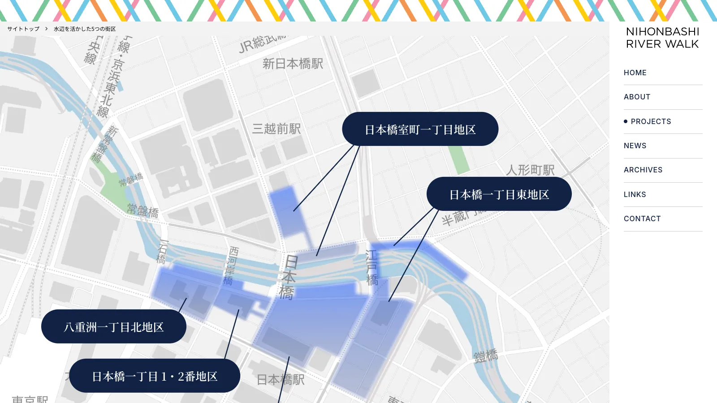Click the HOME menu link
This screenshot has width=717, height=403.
[x=635, y=73]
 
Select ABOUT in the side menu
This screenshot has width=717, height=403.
[x=637, y=97]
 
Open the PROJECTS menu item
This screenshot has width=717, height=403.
[x=651, y=121]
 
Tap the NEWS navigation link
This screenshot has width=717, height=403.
[x=635, y=146]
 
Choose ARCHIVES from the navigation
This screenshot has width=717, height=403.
[x=643, y=170]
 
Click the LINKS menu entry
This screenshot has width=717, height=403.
[x=635, y=194]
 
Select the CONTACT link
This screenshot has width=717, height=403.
[x=642, y=219]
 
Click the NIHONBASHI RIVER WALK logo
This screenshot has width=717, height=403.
[x=662, y=38]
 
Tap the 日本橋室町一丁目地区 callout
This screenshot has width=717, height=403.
[x=420, y=129]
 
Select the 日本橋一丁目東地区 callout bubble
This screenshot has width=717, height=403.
[x=499, y=194]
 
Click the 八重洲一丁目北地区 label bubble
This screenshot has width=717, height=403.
[x=114, y=326]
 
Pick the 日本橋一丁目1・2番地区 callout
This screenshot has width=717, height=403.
[x=155, y=376]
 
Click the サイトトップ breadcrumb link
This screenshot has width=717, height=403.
[x=23, y=29]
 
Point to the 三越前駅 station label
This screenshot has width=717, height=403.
[x=276, y=129]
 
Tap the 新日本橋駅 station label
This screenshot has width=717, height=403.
[x=293, y=64]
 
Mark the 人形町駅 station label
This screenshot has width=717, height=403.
[x=530, y=170]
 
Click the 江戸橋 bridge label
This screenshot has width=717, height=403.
[x=372, y=268]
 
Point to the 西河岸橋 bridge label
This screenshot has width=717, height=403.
[x=231, y=266]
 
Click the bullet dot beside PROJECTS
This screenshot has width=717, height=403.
[x=626, y=121]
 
